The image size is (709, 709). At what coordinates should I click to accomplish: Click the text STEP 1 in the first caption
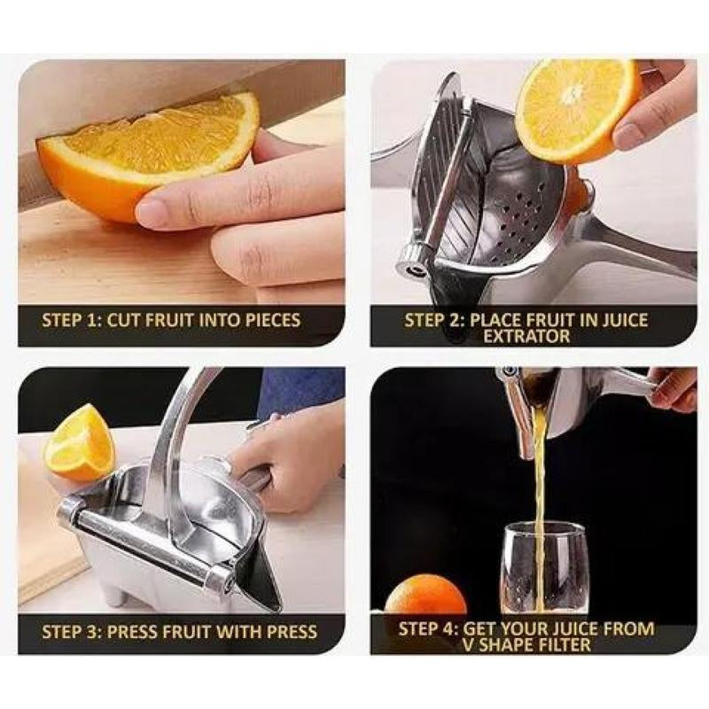[71, 320]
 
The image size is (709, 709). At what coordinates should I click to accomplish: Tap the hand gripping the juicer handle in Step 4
[673, 390]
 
